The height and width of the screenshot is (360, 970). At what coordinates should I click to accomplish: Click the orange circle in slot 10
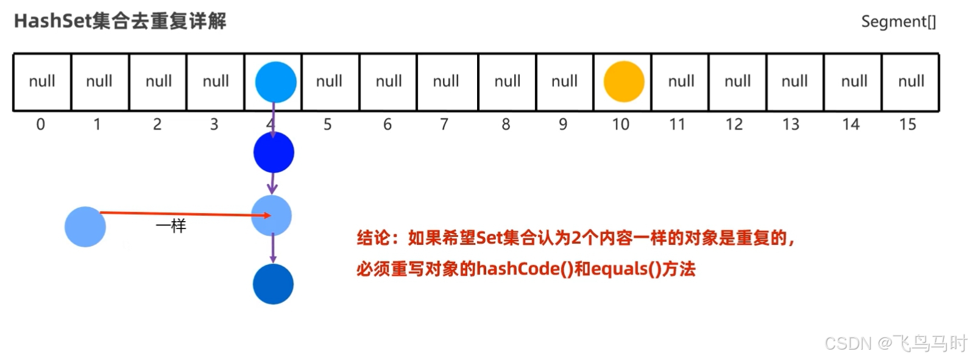[x=624, y=82]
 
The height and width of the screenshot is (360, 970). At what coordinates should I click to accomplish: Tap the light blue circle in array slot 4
[x=275, y=82]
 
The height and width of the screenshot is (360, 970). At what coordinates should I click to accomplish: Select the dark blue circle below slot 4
[x=274, y=153]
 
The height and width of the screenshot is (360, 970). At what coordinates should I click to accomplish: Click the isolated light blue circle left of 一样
[x=85, y=227]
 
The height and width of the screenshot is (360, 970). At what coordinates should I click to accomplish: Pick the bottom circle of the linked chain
[x=273, y=284]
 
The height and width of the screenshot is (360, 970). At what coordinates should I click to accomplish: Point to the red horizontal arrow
[x=183, y=214]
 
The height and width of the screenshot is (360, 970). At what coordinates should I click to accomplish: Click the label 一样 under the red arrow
[x=171, y=227]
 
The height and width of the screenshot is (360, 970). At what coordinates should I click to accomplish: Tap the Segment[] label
[x=898, y=22]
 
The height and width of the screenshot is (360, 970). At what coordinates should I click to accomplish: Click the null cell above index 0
[x=42, y=82]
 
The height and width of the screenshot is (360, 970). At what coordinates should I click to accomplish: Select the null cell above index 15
[x=911, y=82]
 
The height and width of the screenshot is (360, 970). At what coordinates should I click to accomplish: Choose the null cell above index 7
[x=446, y=82]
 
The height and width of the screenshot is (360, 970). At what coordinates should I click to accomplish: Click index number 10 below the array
[x=620, y=125]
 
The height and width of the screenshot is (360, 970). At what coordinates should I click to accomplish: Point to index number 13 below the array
[x=790, y=125]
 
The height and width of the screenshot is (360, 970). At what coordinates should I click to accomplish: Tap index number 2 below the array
[x=157, y=125]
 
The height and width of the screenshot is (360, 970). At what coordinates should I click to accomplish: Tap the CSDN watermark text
[x=848, y=344]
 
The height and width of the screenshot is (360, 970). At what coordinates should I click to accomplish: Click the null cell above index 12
[x=737, y=82]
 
